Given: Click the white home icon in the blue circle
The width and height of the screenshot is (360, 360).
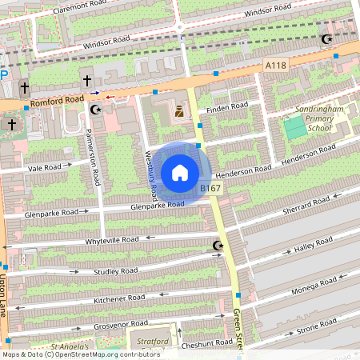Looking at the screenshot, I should pyautogui.click(x=180, y=172).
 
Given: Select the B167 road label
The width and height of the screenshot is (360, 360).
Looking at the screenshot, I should pyautogui.click(x=210, y=188).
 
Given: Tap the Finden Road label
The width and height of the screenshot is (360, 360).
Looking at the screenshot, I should pyautogui.click(x=228, y=106).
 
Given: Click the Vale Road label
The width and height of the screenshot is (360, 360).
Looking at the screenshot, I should pyautogui.click(x=44, y=168).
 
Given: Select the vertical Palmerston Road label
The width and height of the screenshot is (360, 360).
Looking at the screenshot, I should pyautogui.click(x=95, y=157).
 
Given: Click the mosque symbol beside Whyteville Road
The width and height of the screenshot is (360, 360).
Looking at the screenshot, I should pyautogui.click(x=217, y=245).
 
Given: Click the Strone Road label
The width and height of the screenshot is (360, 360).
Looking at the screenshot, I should pyautogui.click(x=318, y=325).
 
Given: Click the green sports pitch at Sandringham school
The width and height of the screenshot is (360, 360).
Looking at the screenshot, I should pyautogui.click(x=294, y=126).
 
